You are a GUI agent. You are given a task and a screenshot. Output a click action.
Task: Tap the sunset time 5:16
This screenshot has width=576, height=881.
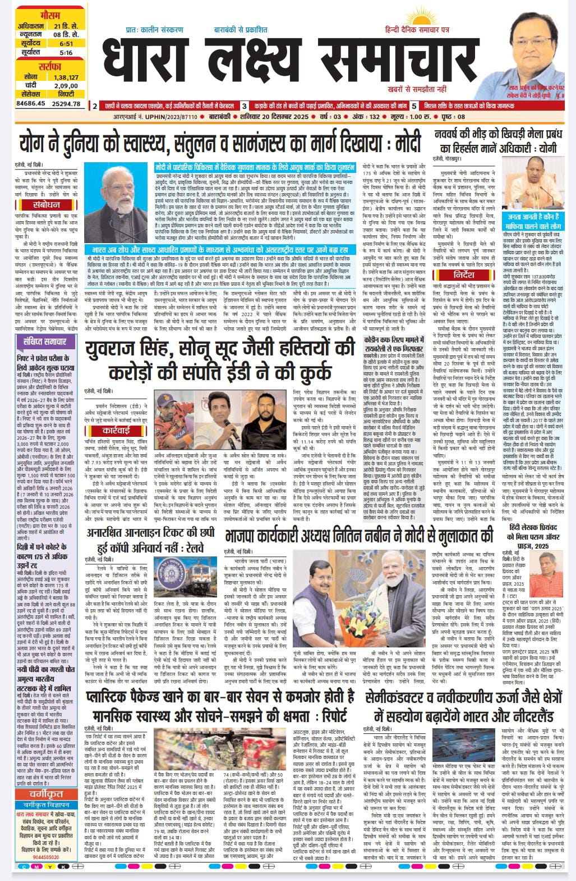(66, 52)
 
